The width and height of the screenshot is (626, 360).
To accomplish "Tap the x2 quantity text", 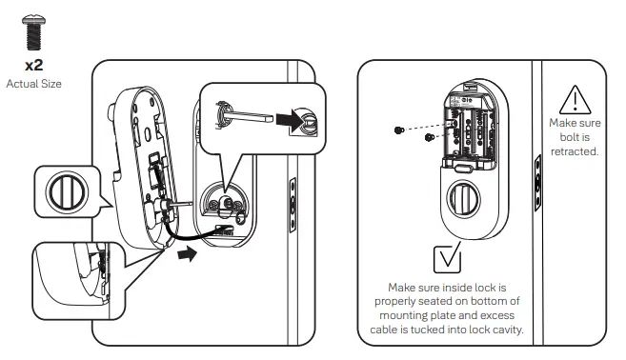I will pyautogui.click(x=33, y=66).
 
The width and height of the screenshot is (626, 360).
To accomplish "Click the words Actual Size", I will pyautogui.click(x=33, y=84).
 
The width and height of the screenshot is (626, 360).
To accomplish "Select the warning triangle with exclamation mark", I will pyautogui.click(x=576, y=100).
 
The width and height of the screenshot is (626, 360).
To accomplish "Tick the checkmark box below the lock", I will pyautogui.click(x=446, y=259).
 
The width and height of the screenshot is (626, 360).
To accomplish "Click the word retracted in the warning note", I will pyautogui.click(x=576, y=151).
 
